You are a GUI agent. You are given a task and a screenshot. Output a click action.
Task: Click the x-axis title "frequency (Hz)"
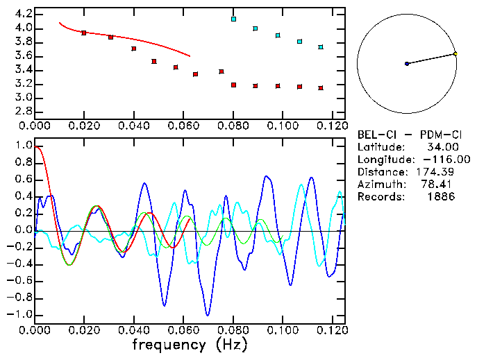pos(189,345)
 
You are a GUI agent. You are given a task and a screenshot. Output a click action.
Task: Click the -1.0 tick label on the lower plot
pos(21,314)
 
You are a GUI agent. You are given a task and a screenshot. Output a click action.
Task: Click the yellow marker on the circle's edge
pos(455,53)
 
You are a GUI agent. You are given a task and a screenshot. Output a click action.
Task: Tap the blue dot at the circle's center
pos(407,64)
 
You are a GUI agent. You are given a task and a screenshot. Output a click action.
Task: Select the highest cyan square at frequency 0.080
pos(233,19)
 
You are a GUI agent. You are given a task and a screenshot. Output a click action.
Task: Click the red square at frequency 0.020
pos(84,33)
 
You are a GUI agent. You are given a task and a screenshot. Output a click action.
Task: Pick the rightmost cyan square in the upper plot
pos(320,47)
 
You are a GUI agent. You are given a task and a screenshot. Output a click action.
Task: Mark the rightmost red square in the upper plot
pos(320,88)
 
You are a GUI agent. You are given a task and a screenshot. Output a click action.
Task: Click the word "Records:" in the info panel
pos(380,197)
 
